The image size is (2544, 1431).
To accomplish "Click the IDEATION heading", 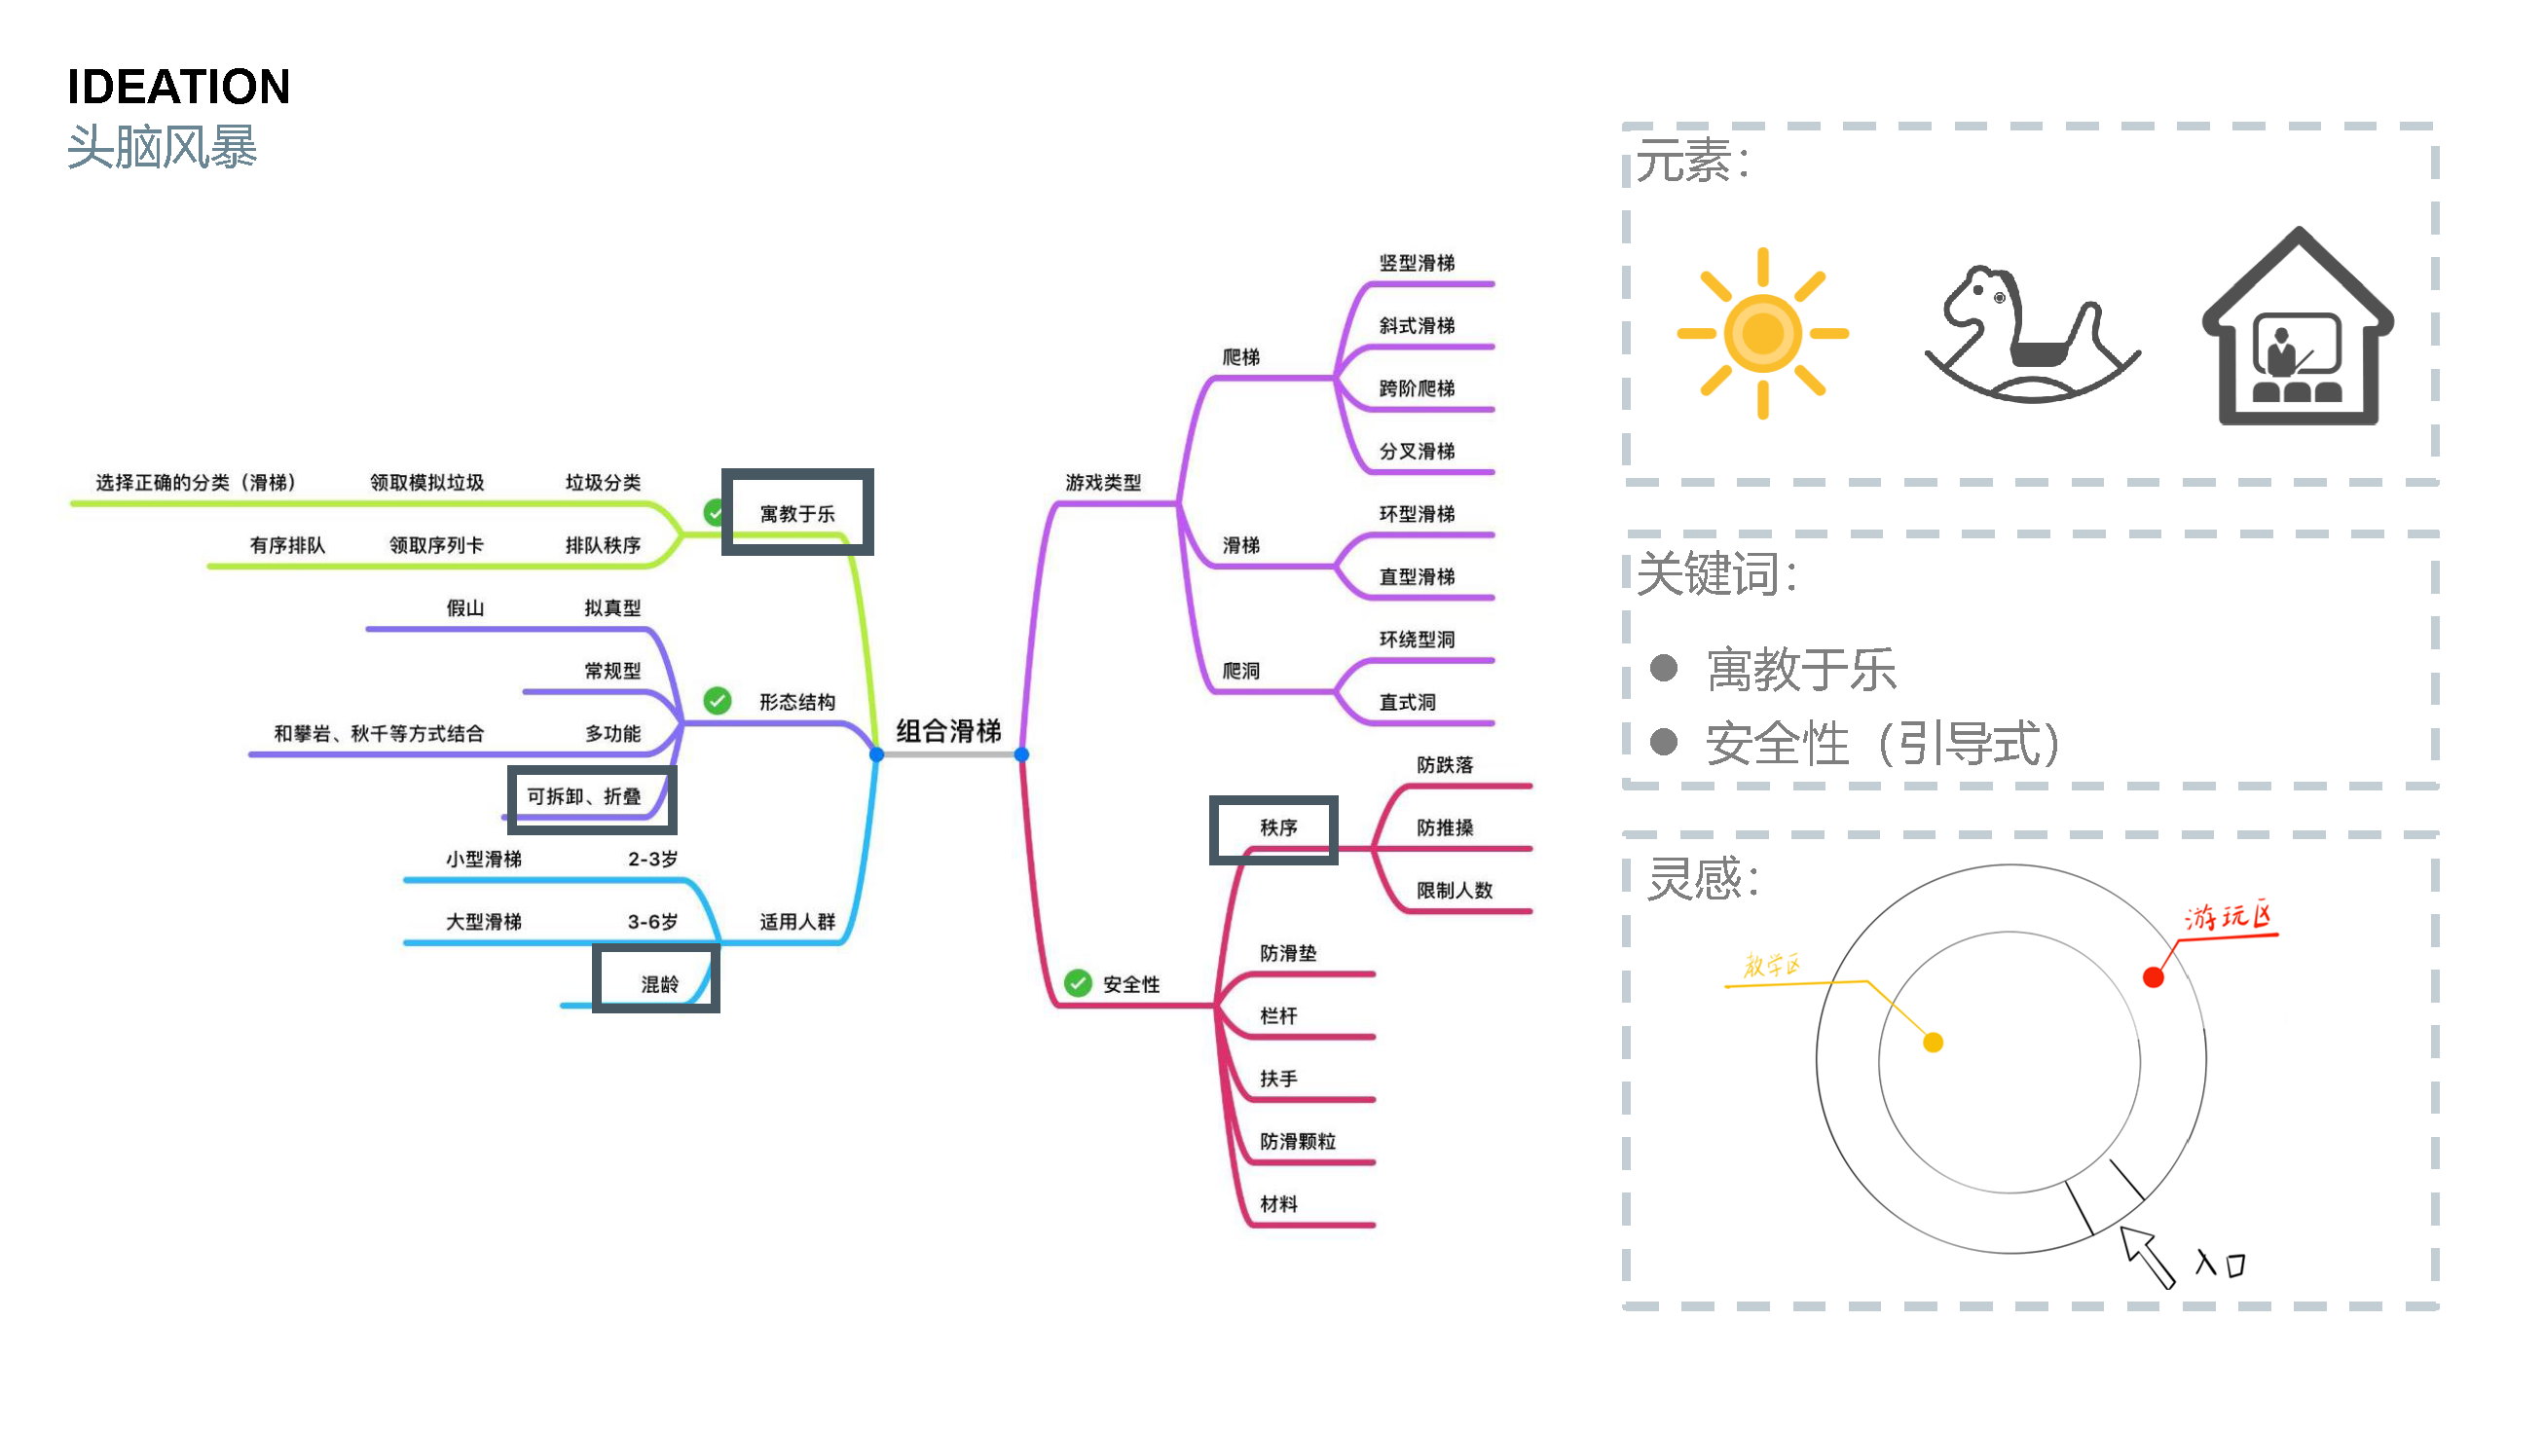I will [x=179, y=87].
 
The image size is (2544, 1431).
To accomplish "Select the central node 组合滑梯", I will [x=948, y=731].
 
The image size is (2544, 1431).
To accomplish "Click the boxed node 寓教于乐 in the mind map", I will [x=797, y=513].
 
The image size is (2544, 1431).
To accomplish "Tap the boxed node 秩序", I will [x=1275, y=827].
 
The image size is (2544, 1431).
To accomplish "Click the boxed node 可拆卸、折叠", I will [x=591, y=798].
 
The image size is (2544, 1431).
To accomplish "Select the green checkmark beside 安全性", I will [x=1078, y=983].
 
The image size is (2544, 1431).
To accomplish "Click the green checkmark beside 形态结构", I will [x=717, y=701].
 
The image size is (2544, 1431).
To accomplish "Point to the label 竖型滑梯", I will [x=1418, y=263].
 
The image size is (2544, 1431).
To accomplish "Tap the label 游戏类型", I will [x=1103, y=482].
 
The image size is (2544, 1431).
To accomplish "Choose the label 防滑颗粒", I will [x=1298, y=1141].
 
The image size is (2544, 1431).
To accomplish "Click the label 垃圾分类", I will [x=603, y=482].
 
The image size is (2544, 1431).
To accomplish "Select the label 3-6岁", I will [x=652, y=922].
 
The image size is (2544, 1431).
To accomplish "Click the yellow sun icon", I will [x=1763, y=333].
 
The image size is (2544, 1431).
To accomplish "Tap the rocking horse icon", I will [x=2030, y=336].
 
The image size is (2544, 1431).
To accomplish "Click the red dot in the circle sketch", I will [x=2154, y=977].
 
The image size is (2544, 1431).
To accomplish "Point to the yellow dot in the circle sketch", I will [x=1934, y=1043].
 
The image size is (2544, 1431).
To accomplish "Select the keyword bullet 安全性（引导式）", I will [x=1881, y=743].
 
